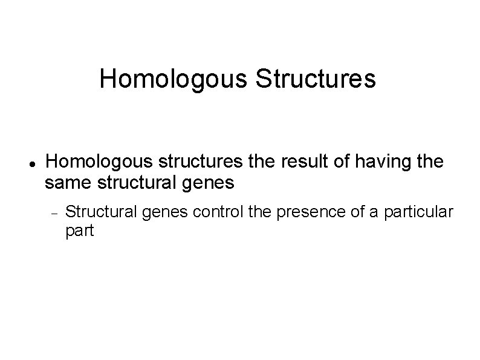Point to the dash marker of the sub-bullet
54,212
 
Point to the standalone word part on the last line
79,231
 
